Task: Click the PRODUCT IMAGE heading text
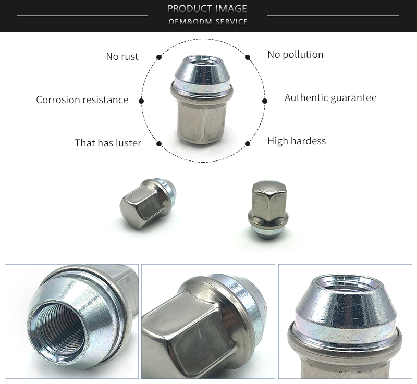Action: click(x=207, y=8)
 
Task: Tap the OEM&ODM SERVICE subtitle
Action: click(x=207, y=22)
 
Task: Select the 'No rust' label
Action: click(x=122, y=56)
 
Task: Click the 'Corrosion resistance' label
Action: click(x=82, y=100)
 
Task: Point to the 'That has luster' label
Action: click(x=107, y=143)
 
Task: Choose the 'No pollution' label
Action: click(x=295, y=54)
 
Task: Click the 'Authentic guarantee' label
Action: click(x=330, y=97)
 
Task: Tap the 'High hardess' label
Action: click(x=296, y=141)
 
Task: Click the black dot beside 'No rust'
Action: click(x=158, y=56)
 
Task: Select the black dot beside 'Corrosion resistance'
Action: click(x=141, y=101)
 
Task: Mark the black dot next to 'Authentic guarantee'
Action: click(x=264, y=101)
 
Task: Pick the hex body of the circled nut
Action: click(x=201, y=120)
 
